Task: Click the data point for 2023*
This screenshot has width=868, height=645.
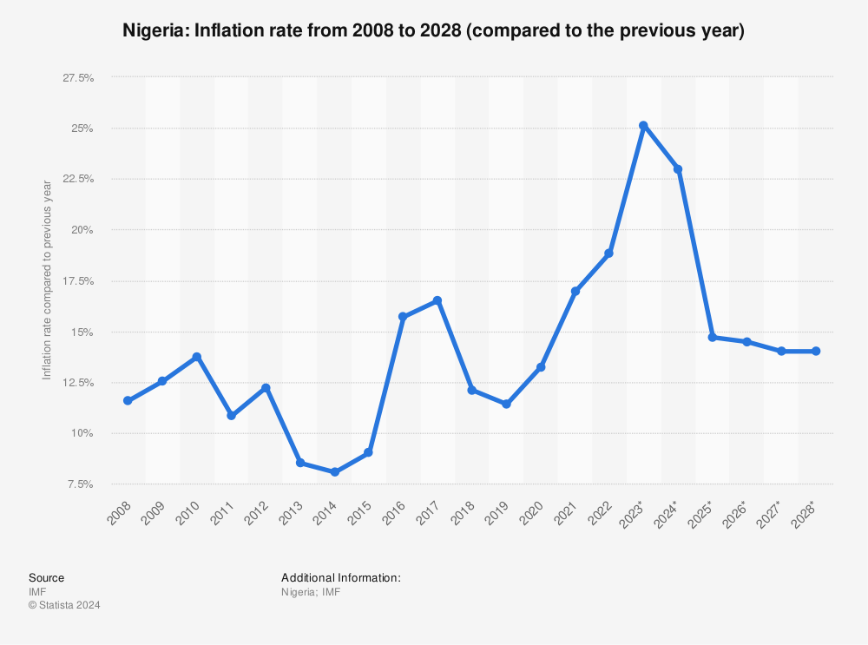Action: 643,126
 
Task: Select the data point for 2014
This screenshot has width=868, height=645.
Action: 334,472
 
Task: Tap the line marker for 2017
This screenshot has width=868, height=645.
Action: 437,300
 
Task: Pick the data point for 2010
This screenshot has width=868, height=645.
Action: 197,357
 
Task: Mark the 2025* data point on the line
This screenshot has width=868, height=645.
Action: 712,337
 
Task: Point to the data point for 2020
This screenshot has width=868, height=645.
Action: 541,367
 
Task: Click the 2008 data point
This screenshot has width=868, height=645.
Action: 128,400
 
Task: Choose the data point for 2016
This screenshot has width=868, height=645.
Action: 403,317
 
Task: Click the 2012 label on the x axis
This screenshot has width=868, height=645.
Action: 256,514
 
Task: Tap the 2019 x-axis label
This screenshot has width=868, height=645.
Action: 496,514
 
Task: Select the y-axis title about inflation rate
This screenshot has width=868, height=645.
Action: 48,280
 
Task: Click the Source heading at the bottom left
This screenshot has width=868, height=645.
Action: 46,577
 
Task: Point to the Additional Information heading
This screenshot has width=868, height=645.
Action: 340,577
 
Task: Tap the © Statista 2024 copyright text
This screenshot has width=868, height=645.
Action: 64,605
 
